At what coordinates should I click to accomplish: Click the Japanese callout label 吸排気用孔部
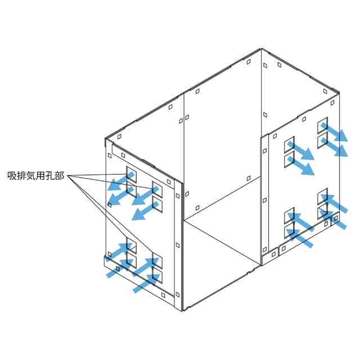tap(37, 175)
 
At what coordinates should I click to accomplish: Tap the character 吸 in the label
tap(12, 175)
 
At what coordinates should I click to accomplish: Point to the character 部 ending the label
tap(62, 175)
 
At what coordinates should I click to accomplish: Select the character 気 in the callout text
tap(31, 175)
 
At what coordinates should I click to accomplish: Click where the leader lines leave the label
tap(68, 176)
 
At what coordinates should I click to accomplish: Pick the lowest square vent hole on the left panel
tap(157, 277)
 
